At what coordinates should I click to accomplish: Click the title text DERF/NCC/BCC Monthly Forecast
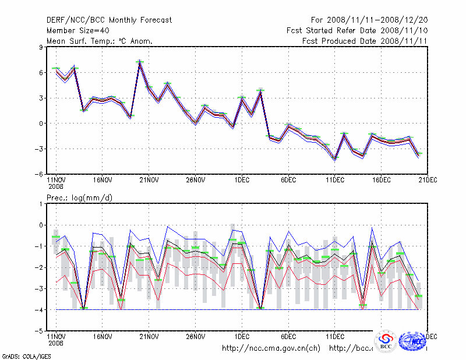pos(109,20)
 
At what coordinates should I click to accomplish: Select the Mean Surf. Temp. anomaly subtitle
pos(100,41)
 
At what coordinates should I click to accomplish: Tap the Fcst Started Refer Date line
pos(358,30)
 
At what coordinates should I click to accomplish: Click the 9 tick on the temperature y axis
pos(41,47)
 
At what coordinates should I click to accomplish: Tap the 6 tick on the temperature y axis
pos(41,73)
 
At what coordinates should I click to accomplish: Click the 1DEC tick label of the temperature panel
pos(242,180)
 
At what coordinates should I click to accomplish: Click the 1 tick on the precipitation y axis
pos(41,204)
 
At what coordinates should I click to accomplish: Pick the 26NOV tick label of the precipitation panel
pos(196,336)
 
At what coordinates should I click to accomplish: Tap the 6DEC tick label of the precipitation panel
pos(288,336)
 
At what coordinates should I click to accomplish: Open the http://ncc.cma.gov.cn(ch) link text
pos(271,348)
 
